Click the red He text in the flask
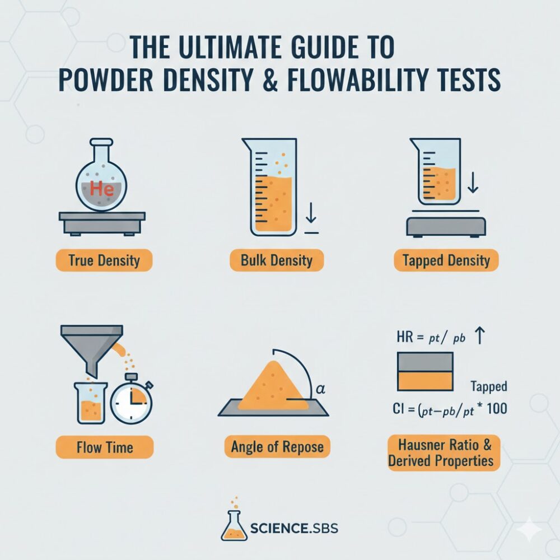[x=102, y=188]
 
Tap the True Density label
[x=104, y=260]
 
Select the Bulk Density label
[x=277, y=260]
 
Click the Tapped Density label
[x=446, y=260]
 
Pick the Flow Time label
[x=105, y=447]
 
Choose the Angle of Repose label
[x=277, y=447]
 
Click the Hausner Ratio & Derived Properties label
[x=444, y=453]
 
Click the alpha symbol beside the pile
[x=321, y=389]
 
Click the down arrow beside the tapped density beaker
[x=473, y=182]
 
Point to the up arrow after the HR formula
[x=480, y=336]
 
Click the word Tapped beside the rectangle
[x=488, y=387]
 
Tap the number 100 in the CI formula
[x=497, y=409]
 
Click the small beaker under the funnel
[x=90, y=403]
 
